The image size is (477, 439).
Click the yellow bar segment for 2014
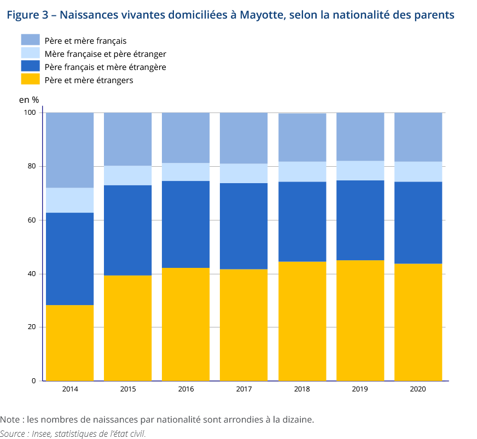coord(69,343)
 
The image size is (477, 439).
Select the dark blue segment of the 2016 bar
coord(185,224)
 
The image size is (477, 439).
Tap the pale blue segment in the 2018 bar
coord(302,172)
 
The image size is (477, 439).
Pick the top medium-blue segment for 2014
coord(69,150)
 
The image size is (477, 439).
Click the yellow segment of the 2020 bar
coord(418,322)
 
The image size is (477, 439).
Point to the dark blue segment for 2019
coord(360,220)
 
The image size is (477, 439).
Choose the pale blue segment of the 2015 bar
coord(127,175)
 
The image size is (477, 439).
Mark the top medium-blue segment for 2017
coord(243,138)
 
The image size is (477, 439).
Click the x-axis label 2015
coord(127,389)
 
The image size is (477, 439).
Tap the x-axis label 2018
coord(302,389)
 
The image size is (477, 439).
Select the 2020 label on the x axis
coord(418,389)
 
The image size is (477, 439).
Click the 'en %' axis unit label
coord(29,99)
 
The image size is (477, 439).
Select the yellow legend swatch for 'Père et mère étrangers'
coord(30,79)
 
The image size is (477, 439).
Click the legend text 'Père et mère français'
coord(85,40)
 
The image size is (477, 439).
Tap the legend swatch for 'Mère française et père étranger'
coord(30,53)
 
